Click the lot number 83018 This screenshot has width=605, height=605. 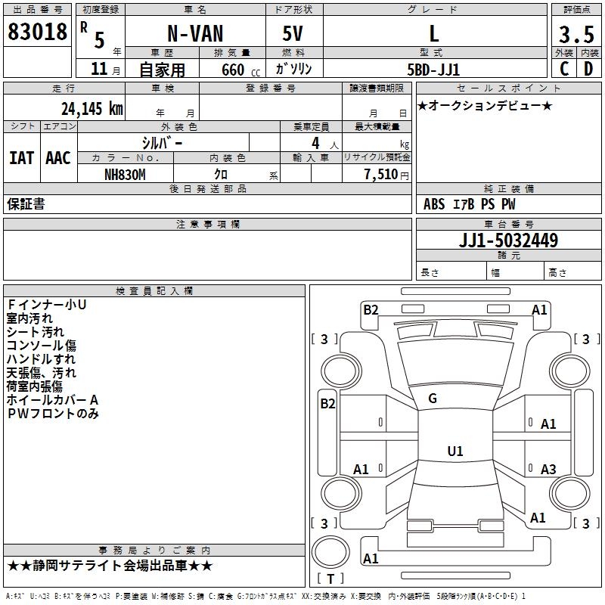tap(37, 33)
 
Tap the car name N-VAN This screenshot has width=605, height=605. tap(194, 33)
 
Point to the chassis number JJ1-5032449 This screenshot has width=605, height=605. tap(509, 240)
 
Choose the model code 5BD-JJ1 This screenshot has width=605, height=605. tap(433, 69)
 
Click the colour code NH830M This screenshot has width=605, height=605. tap(125, 175)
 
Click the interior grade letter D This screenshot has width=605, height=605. tap(588, 69)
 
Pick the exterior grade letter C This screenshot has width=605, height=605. tap(563, 69)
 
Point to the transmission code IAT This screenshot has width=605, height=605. tap(21, 157)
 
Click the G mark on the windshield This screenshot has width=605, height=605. tap(433, 399)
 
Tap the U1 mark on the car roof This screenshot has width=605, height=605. tap(455, 451)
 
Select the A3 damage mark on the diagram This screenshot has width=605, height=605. tap(548, 470)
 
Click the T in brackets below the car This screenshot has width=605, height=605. tap(330, 579)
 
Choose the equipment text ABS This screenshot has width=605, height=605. tap(434, 204)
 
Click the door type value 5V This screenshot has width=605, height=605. tap(294, 33)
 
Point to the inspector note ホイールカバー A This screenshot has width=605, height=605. tap(53, 399)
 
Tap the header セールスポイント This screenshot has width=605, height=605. tap(509, 88)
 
